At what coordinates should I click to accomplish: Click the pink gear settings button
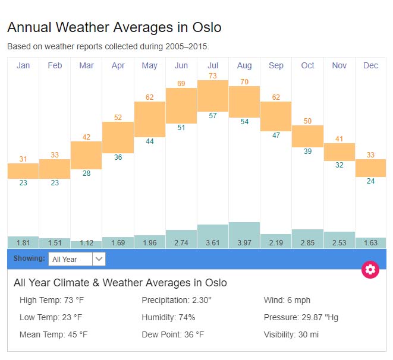click(370, 270)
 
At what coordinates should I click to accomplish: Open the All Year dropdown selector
click(77, 259)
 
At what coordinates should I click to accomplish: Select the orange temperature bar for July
click(213, 95)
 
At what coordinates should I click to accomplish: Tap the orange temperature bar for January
click(23, 170)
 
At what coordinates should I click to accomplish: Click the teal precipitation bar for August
click(244, 235)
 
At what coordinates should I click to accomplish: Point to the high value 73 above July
click(213, 75)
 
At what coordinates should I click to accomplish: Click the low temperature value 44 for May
click(150, 141)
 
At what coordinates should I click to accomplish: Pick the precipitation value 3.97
click(244, 243)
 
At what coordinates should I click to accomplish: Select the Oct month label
click(307, 65)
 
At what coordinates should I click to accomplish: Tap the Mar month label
click(86, 65)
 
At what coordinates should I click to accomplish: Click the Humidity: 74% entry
click(168, 317)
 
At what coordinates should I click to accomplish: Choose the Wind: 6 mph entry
click(287, 300)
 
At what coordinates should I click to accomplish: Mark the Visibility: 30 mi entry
click(291, 334)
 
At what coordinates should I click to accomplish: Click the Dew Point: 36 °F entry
click(172, 334)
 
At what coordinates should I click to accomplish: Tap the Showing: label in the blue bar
click(29, 258)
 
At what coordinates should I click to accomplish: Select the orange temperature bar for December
click(370, 168)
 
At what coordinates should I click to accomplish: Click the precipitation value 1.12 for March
click(86, 243)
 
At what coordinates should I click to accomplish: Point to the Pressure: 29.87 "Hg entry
click(301, 317)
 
